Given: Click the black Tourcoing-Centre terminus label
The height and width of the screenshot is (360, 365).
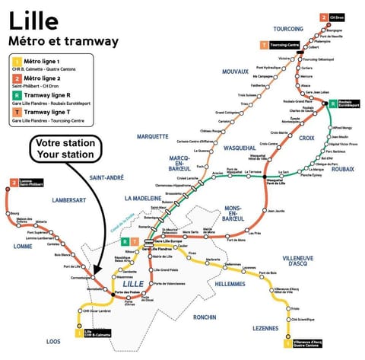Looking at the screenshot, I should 287,45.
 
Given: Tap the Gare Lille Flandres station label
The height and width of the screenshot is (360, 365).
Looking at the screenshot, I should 156,249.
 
